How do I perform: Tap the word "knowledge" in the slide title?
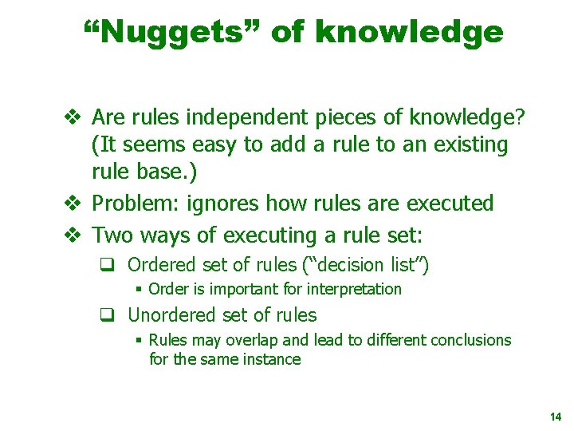point(409,32)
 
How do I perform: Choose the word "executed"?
point(450,204)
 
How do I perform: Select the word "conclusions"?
point(470,340)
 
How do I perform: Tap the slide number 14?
point(556,417)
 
